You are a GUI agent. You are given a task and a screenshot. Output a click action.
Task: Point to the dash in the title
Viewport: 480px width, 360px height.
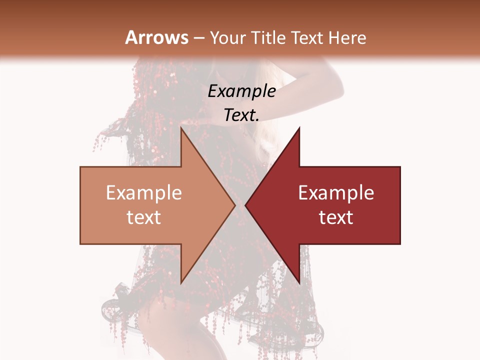coord(198,38)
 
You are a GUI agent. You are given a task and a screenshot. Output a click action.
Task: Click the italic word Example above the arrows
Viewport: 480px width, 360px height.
coord(241,91)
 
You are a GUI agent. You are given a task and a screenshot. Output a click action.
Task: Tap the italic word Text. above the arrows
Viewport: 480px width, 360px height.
coord(241,115)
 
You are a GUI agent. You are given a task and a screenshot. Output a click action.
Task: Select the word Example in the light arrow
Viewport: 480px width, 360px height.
coord(144,192)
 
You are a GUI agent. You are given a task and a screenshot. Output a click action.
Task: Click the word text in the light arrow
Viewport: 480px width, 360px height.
coord(144,217)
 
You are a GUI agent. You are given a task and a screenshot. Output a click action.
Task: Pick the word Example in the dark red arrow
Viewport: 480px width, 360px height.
coord(336,192)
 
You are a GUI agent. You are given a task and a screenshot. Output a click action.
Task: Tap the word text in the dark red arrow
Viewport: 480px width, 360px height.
coord(336,217)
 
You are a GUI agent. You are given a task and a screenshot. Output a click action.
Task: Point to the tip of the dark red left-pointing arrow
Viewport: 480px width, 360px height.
coord(246,205)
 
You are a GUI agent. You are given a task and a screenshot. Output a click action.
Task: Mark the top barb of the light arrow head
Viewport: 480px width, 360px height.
coord(182,129)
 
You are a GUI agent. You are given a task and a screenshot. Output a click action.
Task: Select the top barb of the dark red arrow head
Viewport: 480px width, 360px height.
coord(298,129)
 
